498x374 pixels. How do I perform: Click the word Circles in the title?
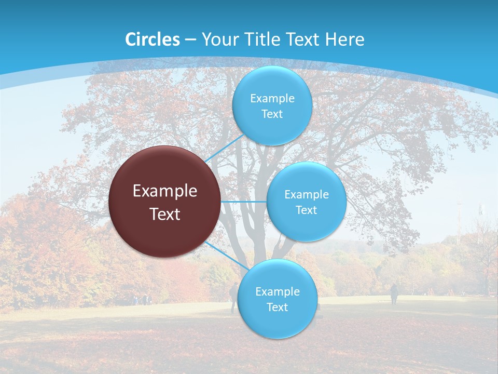152,39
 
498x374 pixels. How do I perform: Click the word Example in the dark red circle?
165,191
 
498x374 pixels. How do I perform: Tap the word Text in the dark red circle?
165,214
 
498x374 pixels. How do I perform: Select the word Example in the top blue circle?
272,99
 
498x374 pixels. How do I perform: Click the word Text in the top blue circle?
272,114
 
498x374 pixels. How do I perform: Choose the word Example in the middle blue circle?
307,195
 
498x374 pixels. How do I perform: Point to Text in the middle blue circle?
307,210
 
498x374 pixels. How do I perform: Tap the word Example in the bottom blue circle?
278,292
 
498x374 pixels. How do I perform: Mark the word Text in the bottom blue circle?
278,308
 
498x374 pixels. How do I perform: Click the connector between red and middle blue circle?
244,202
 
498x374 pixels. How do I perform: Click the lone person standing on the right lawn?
394,293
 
